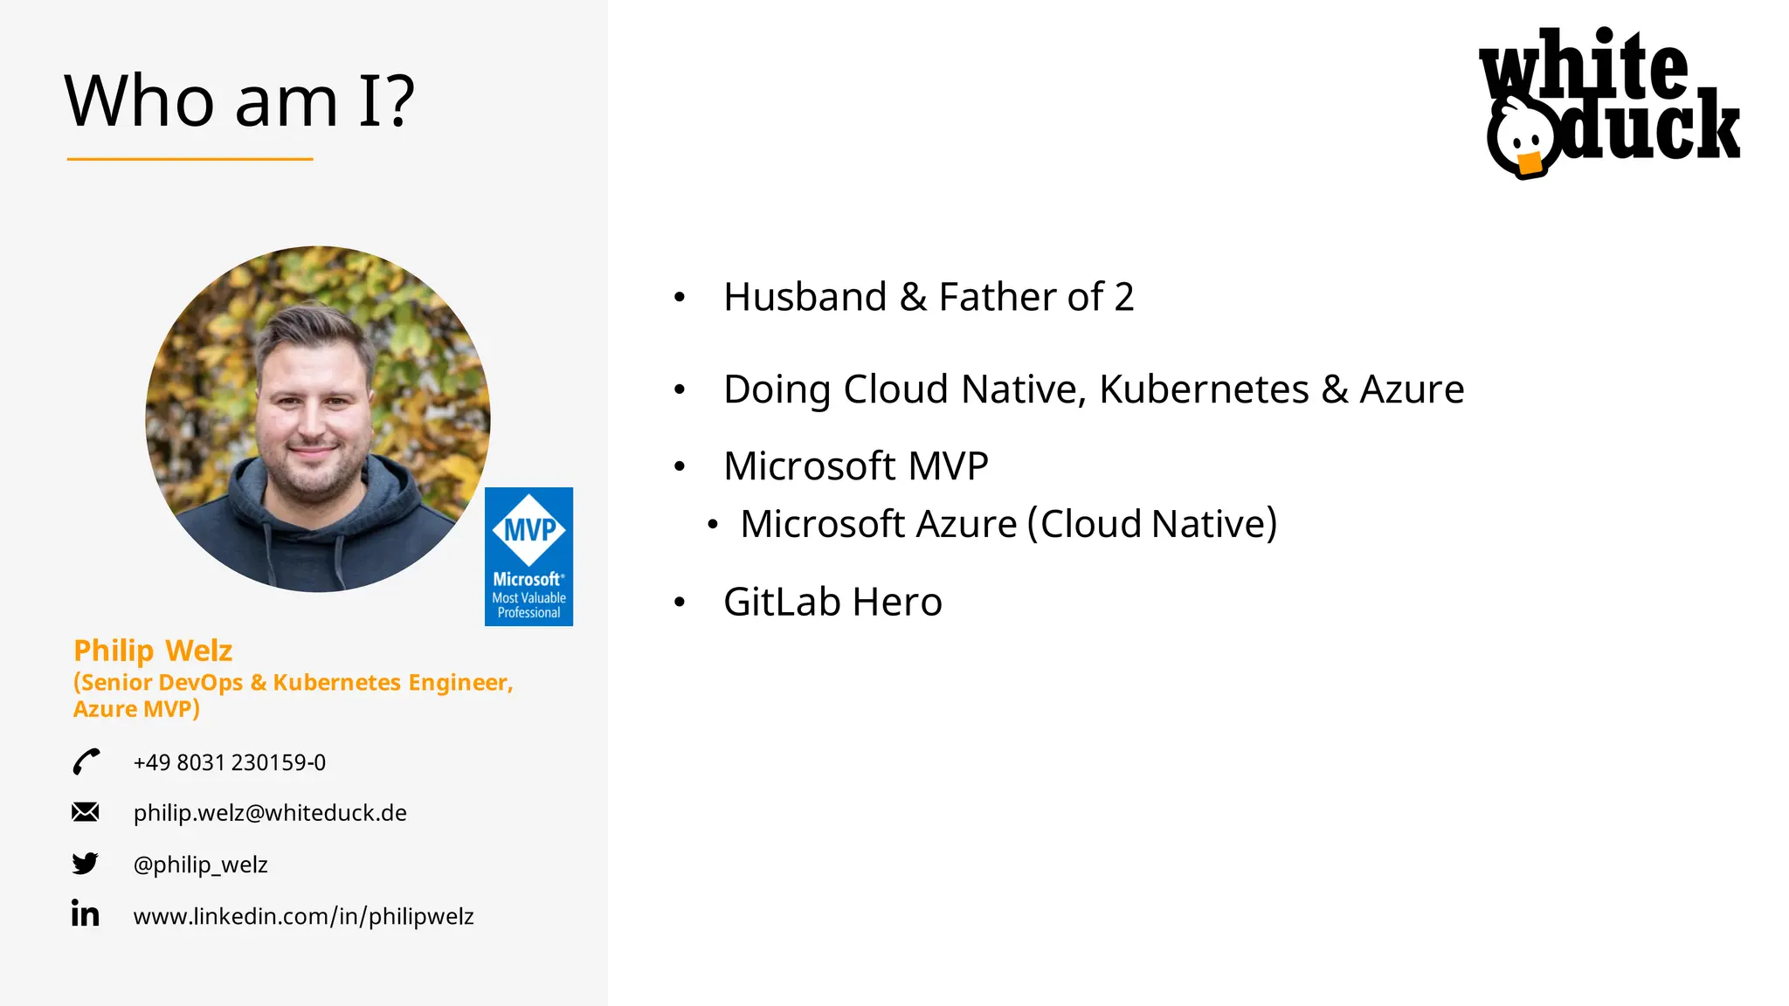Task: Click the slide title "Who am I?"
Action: (239, 101)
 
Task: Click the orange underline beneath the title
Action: (190, 159)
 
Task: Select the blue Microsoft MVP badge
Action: (528, 556)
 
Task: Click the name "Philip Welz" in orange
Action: (153, 651)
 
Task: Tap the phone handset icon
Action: (86, 761)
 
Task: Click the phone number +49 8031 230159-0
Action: (229, 762)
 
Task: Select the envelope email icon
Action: (86, 812)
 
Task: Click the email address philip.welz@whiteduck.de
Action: (270, 813)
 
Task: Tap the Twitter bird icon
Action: (86, 864)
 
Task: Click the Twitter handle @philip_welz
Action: (200, 865)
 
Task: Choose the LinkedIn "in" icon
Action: (86, 913)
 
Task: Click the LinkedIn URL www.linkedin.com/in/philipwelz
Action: (303, 916)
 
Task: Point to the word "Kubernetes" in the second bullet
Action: (1204, 389)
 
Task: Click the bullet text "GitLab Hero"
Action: (832, 602)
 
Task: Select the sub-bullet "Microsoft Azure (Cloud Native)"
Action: (1008, 524)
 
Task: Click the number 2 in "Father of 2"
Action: (1123, 297)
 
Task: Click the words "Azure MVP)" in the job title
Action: (136, 709)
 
